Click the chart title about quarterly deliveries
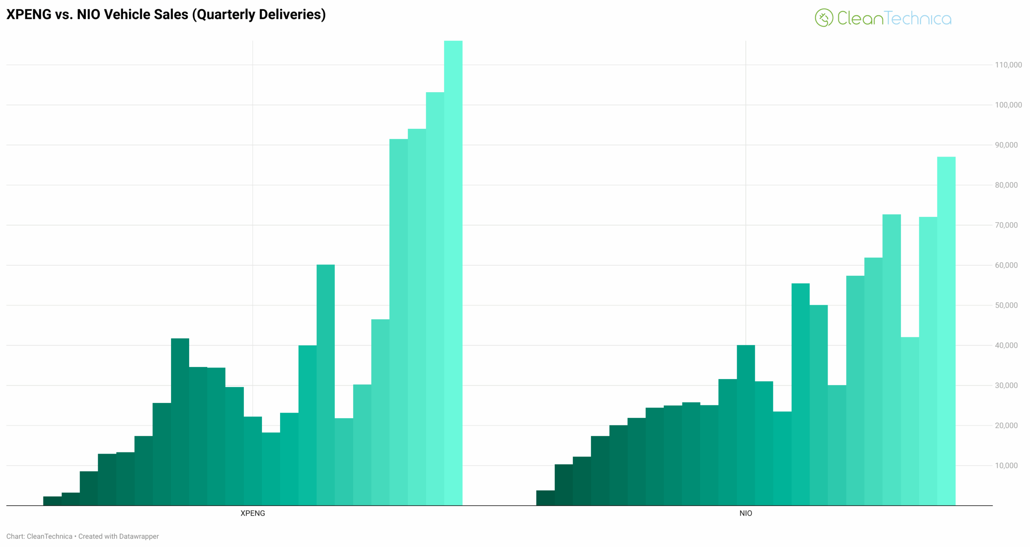point(166,14)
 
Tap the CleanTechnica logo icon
point(823,18)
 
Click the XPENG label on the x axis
point(252,513)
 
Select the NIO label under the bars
point(745,513)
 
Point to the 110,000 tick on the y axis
point(1008,65)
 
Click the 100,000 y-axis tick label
point(1008,105)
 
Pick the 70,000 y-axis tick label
point(1006,225)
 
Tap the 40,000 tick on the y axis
point(1006,345)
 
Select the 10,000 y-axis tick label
point(1006,466)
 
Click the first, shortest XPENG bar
point(52,501)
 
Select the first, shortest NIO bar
point(545,498)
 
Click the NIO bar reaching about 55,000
point(800,394)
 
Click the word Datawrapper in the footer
point(139,537)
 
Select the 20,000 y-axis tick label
point(1006,425)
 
